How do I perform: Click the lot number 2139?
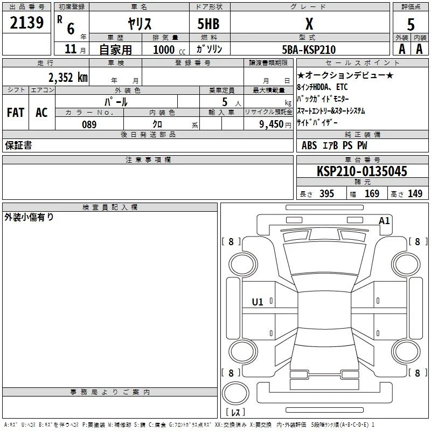26,23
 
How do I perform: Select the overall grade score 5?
411,24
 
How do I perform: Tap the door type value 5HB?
208,24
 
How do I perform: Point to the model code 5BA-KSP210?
309,50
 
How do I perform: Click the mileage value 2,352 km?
68,78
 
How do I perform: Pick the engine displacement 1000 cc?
169,50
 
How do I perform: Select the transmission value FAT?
16,113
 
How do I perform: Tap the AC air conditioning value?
41,113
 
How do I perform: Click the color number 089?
89,124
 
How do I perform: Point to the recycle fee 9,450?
271,124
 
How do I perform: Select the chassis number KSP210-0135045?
362,171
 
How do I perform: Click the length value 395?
326,193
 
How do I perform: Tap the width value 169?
372,193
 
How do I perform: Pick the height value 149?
415,193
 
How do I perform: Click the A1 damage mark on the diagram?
384,221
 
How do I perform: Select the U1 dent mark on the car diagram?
258,302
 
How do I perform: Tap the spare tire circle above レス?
235,393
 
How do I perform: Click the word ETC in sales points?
342,87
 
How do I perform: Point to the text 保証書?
18,145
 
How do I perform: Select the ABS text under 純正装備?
309,145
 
